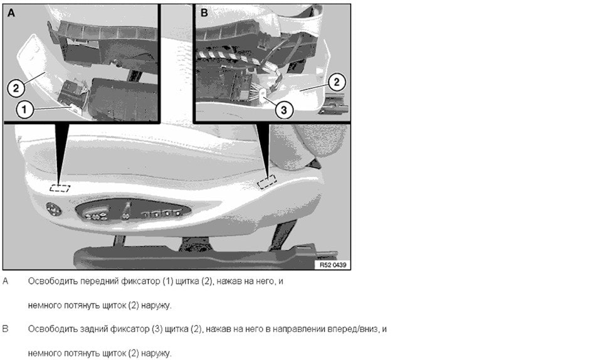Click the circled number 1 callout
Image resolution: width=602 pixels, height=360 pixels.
coord(24,110)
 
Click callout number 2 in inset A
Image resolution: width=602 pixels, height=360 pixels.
coord(16,88)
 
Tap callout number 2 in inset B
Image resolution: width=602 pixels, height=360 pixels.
coord(337,82)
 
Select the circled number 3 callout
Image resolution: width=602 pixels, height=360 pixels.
coord(283,110)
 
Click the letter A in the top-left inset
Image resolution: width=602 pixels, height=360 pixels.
coord(11,13)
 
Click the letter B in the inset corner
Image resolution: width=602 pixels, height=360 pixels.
coord(204,13)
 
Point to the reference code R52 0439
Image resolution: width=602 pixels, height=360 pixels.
coord(333,265)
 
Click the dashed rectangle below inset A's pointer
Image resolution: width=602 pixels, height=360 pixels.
coord(60,188)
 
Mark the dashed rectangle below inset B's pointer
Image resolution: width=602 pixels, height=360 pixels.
coord(267,181)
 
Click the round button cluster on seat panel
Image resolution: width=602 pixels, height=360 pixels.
coord(54,209)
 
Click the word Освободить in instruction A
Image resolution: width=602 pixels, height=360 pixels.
coord(52,282)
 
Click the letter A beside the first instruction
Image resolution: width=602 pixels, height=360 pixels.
coord(6,282)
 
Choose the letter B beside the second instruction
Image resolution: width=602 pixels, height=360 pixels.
coord(6,329)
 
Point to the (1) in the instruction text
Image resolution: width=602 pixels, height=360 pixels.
coord(168,282)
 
